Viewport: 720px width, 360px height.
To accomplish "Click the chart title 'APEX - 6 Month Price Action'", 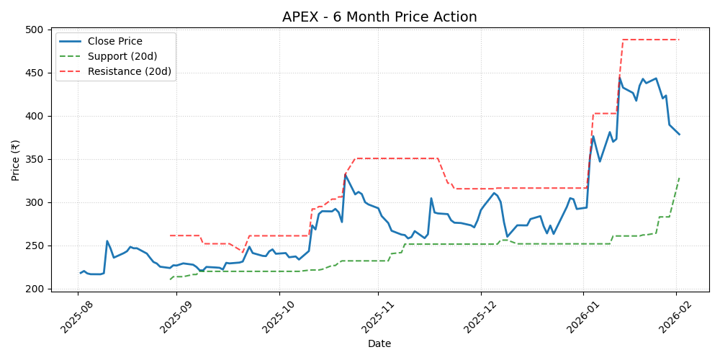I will coord(379,17).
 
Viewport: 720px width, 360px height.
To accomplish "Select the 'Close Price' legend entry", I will coord(114,41).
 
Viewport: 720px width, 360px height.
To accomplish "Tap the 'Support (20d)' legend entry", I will coord(122,56).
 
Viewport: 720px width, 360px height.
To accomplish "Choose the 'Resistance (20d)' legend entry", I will coord(129,71).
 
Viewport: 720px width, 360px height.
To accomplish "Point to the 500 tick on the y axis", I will coord(34,30).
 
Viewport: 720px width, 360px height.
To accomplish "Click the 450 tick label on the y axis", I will coord(34,73).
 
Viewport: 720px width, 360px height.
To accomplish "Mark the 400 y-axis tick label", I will coord(34,116).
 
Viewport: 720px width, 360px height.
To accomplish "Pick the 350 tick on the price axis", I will coord(34,159).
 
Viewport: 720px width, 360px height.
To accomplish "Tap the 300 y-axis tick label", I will coord(34,202).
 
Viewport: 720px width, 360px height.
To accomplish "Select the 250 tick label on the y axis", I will coord(34,246).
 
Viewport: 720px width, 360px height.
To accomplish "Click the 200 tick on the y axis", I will coord(34,289).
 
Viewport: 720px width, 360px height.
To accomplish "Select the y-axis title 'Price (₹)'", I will coord(15,159).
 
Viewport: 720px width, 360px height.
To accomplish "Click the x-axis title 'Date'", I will coord(379,344).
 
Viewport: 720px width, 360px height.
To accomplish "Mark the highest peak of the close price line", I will coord(620,76).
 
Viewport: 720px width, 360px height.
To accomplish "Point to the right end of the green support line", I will coord(679,178).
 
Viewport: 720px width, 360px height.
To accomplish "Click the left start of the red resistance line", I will coord(170,235).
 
